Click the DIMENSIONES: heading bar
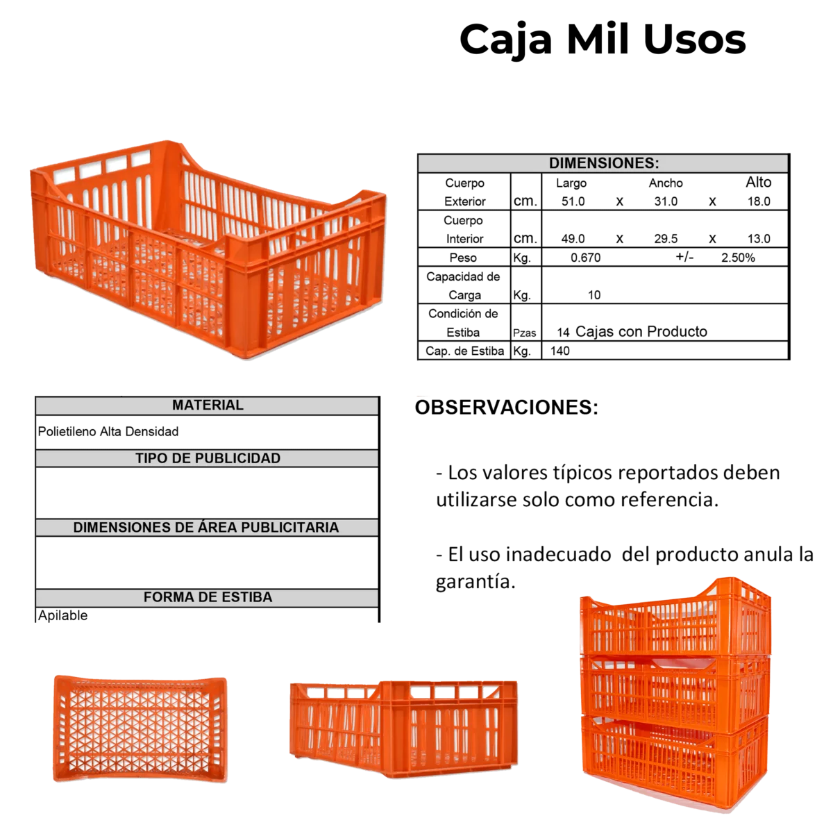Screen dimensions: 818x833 [x=603, y=163]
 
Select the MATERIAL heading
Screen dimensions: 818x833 [x=208, y=406]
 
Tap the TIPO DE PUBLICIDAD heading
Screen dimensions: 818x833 [x=208, y=458]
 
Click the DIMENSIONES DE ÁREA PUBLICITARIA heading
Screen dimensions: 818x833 [x=206, y=528]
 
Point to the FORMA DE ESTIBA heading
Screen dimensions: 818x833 [x=208, y=597]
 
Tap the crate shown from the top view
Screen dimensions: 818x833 [x=139, y=728]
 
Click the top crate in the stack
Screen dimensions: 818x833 [x=675, y=618]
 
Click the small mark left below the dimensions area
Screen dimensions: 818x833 [x=424, y=397]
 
